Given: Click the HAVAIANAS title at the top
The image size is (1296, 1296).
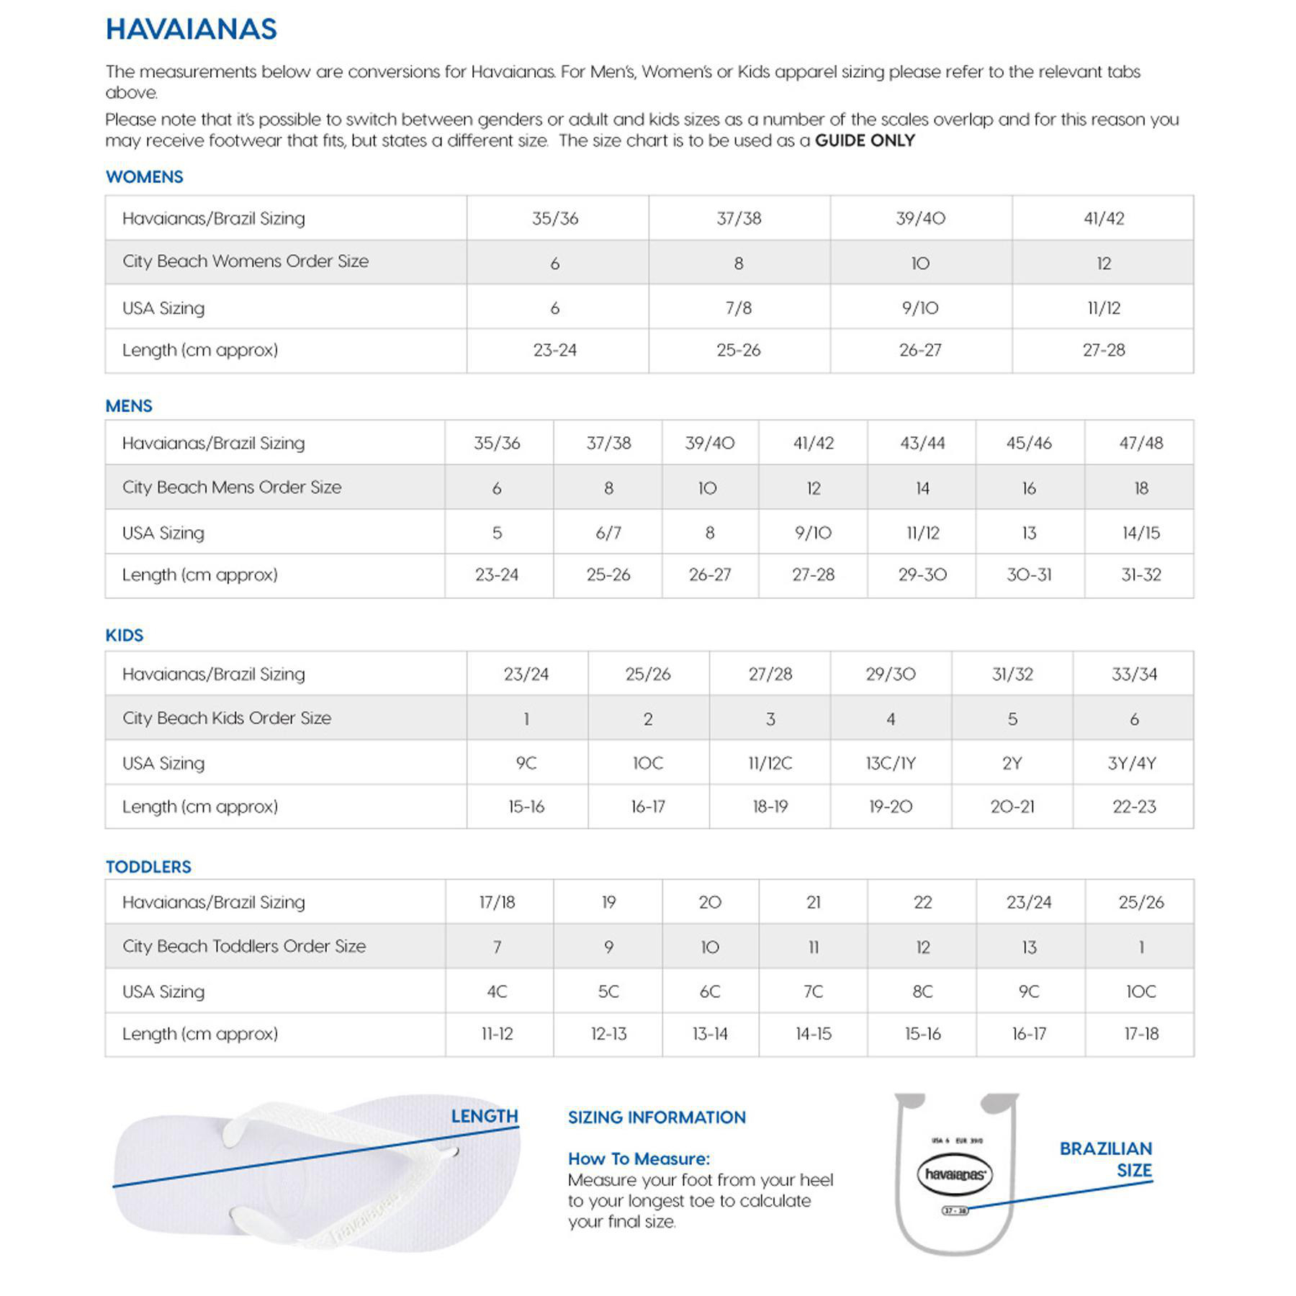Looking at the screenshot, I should pos(191,30).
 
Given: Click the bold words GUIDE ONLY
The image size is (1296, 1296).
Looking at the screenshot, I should pos(864,140).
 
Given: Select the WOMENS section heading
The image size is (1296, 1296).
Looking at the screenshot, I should pos(144,177).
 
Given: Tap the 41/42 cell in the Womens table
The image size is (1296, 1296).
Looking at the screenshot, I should pos(1103,218).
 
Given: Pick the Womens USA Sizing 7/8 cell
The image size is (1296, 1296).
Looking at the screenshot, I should pos(739,308).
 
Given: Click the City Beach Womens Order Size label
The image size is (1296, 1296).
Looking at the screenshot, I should pos(245,261).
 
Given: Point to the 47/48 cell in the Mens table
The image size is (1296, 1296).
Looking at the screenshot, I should pos(1140,443).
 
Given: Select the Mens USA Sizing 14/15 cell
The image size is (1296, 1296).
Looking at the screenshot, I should pos(1140,533).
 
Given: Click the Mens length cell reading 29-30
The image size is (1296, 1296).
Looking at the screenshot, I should pos(922,575).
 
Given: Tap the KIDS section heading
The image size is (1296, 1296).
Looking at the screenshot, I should pos(124,635).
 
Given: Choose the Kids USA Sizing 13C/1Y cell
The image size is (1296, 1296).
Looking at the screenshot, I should pos(891,763).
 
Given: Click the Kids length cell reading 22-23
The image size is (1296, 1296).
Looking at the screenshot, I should pos(1134,806).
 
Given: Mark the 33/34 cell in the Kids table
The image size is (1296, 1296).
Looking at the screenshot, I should pos(1134,674).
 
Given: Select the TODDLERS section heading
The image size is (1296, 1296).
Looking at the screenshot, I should pos(148,867).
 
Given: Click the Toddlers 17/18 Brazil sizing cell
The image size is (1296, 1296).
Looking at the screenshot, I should pos(497,902).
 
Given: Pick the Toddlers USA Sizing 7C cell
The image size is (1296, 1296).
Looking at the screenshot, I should pos(813,991).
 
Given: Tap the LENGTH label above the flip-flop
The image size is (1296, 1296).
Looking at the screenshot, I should pos(485,1116).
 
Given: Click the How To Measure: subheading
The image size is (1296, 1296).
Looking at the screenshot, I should pos(639,1158).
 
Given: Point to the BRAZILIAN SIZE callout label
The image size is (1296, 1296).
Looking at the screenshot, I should pos(1106,1159).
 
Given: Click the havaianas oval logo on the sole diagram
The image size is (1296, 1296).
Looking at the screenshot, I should pos(955,1174).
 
